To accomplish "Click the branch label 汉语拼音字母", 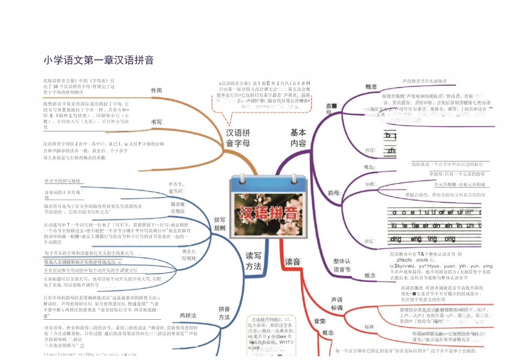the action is [x=238, y=138].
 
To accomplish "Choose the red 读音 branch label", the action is [x=293, y=262].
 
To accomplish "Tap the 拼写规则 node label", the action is [x=220, y=224].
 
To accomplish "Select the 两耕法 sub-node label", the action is [x=188, y=315].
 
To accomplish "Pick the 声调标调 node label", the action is [x=337, y=304].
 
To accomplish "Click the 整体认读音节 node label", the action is [x=342, y=265].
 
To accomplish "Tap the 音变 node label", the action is [x=319, y=321].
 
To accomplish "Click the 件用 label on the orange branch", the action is [x=156, y=91].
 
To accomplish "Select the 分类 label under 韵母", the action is [x=369, y=184].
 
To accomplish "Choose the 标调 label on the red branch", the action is [x=369, y=326].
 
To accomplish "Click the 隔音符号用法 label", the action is [x=177, y=208].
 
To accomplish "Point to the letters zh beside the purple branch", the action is [x=392, y=151].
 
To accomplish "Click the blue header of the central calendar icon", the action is [x=268, y=184].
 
